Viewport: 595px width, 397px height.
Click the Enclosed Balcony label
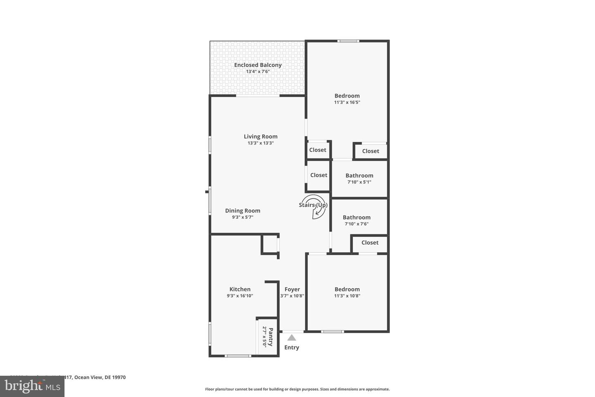point(258,65)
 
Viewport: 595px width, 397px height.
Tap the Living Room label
point(260,136)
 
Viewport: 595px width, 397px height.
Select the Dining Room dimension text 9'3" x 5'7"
point(243,217)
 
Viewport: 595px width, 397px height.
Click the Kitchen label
point(240,289)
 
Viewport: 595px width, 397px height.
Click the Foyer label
point(292,289)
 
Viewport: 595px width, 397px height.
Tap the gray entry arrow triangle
point(292,338)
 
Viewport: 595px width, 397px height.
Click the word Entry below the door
point(292,347)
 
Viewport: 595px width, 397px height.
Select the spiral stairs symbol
point(315,207)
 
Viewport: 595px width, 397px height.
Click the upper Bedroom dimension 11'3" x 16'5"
point(347,102)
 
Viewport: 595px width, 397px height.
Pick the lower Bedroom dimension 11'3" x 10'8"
point(347,296)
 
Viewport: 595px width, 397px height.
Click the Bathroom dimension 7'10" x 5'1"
point(359,182)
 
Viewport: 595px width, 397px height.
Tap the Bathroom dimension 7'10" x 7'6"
point(356,224)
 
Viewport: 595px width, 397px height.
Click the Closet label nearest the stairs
point(319,175)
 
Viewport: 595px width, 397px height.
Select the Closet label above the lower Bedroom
point(370,243)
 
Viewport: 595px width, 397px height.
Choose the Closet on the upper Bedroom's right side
point(371,151)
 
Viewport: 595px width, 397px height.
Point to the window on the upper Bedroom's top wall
point(348,41)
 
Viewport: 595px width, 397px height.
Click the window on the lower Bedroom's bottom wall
point(333,332)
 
